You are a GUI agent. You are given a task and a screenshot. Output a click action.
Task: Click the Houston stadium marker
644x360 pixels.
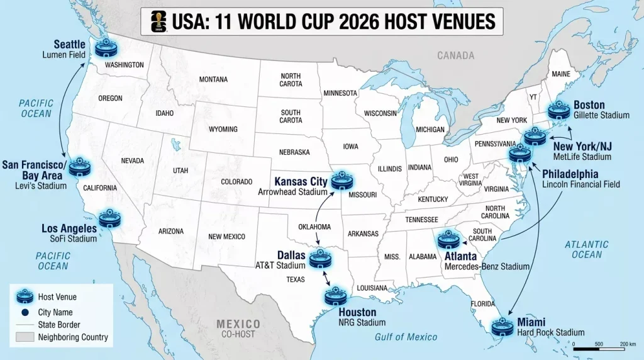pyautogui.click(x=335, y=297)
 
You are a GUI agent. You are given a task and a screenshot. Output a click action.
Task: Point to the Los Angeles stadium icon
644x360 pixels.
pyautogui.click(x=111, y=220)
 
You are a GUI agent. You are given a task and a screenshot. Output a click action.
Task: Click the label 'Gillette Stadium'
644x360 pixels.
pyautogui.click(x=601, y=115)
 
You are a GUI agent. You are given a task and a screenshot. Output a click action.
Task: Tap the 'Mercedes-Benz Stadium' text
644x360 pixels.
pyautogui.click(x=487, y=267)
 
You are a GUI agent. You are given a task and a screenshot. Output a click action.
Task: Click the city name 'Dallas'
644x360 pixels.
pyautogui.click(x=291, y=256)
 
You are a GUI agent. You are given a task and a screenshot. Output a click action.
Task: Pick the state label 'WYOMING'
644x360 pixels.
pyautogui.click(x=223, y=129)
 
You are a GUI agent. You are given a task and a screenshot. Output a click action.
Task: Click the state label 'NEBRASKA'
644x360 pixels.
pyautogui.click(x=294, y=152)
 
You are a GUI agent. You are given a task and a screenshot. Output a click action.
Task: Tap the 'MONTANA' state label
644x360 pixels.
pyautogui.click(x=213, y=80)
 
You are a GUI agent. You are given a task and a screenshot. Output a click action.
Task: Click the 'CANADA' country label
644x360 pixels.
pyautogui.click(x=456, y=55)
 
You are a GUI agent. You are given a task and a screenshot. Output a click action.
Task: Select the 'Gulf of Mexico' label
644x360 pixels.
pyautogui.click(x=406, y=337)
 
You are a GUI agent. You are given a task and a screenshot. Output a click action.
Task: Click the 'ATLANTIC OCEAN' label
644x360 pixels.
pyautogui.click(x=587, y=249)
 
